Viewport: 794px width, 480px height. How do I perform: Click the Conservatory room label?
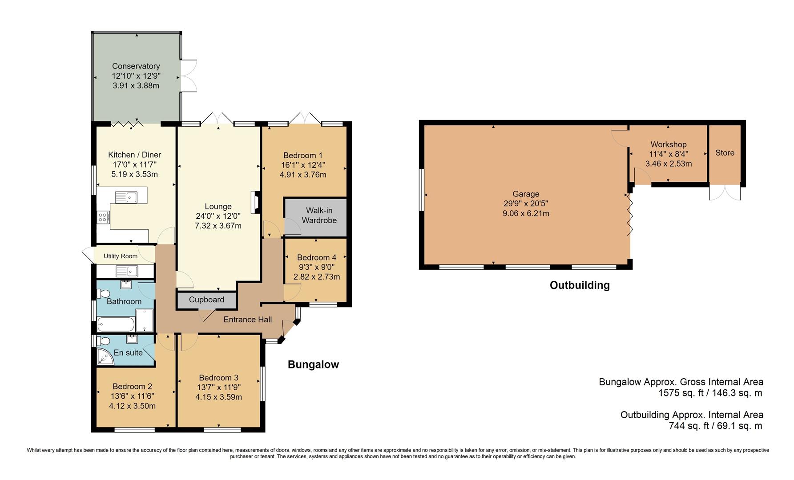(x=136, y=66)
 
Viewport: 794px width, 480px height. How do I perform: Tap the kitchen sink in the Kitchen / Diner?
(x=126, y=196)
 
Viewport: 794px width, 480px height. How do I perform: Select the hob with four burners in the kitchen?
(x=103, y=217)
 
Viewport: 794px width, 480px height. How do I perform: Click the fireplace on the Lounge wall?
(x=255, y=203)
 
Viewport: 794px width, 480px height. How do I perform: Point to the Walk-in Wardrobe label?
(x=318, y=216)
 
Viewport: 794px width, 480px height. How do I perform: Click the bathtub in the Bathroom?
(x=115, y=324)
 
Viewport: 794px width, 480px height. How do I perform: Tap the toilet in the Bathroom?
(x=103, y=293)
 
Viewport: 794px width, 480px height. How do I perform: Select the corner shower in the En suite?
(x=105, y=357)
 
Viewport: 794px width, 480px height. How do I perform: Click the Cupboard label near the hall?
(x=206, y=300)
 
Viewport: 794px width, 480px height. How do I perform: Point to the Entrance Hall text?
(x=247, y=320)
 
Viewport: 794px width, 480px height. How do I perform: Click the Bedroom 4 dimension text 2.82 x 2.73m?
(x=316, y=277)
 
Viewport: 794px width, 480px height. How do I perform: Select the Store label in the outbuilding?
(x=725, y=153)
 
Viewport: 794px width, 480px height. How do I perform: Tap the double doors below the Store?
(x=725, y=192)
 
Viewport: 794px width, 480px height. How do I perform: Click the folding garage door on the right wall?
(x=629, y=216)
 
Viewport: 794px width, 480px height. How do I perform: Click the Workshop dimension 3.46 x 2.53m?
(x=668, y=164)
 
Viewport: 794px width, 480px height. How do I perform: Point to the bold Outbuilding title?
(x=579, y=285)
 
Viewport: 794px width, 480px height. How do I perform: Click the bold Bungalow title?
(x=313, y=365)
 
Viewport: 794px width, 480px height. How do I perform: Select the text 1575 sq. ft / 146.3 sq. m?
(x=710, y=393)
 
